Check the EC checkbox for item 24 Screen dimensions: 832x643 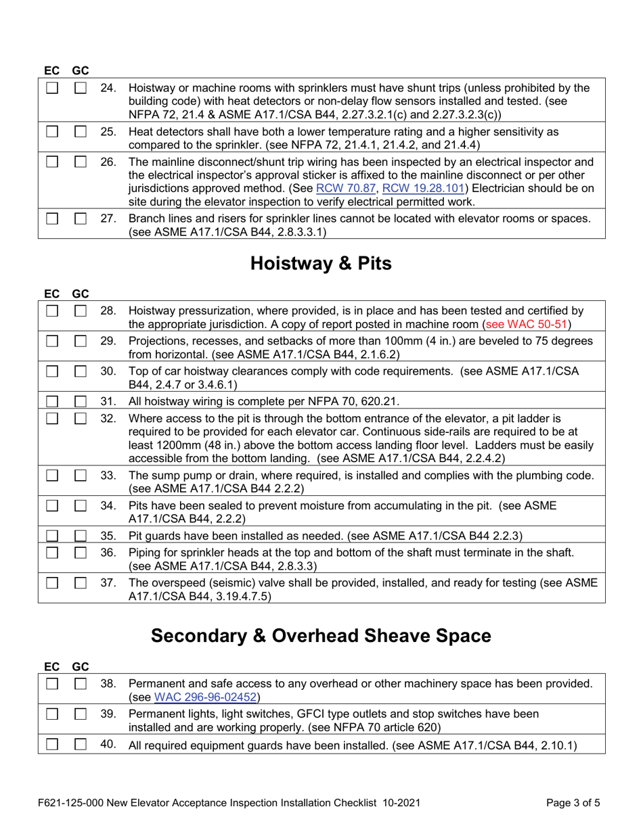click(x=53, y=88)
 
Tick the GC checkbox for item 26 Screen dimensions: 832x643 click(x=81, y=162)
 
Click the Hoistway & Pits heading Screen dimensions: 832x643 click(x=321, y=264)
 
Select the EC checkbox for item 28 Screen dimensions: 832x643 click(x=53, y=310)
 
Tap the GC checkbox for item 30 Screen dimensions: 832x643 click(x=81, y=371)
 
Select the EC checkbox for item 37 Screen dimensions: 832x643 click(x=53, y=582)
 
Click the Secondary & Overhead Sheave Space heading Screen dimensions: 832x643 click(x=321, y=636)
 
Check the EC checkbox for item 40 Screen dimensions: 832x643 click(x=53, y=746)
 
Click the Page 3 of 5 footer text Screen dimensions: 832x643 click(x=573, y=804)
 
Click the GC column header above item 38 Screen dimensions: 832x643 click(x=81, y=666)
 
